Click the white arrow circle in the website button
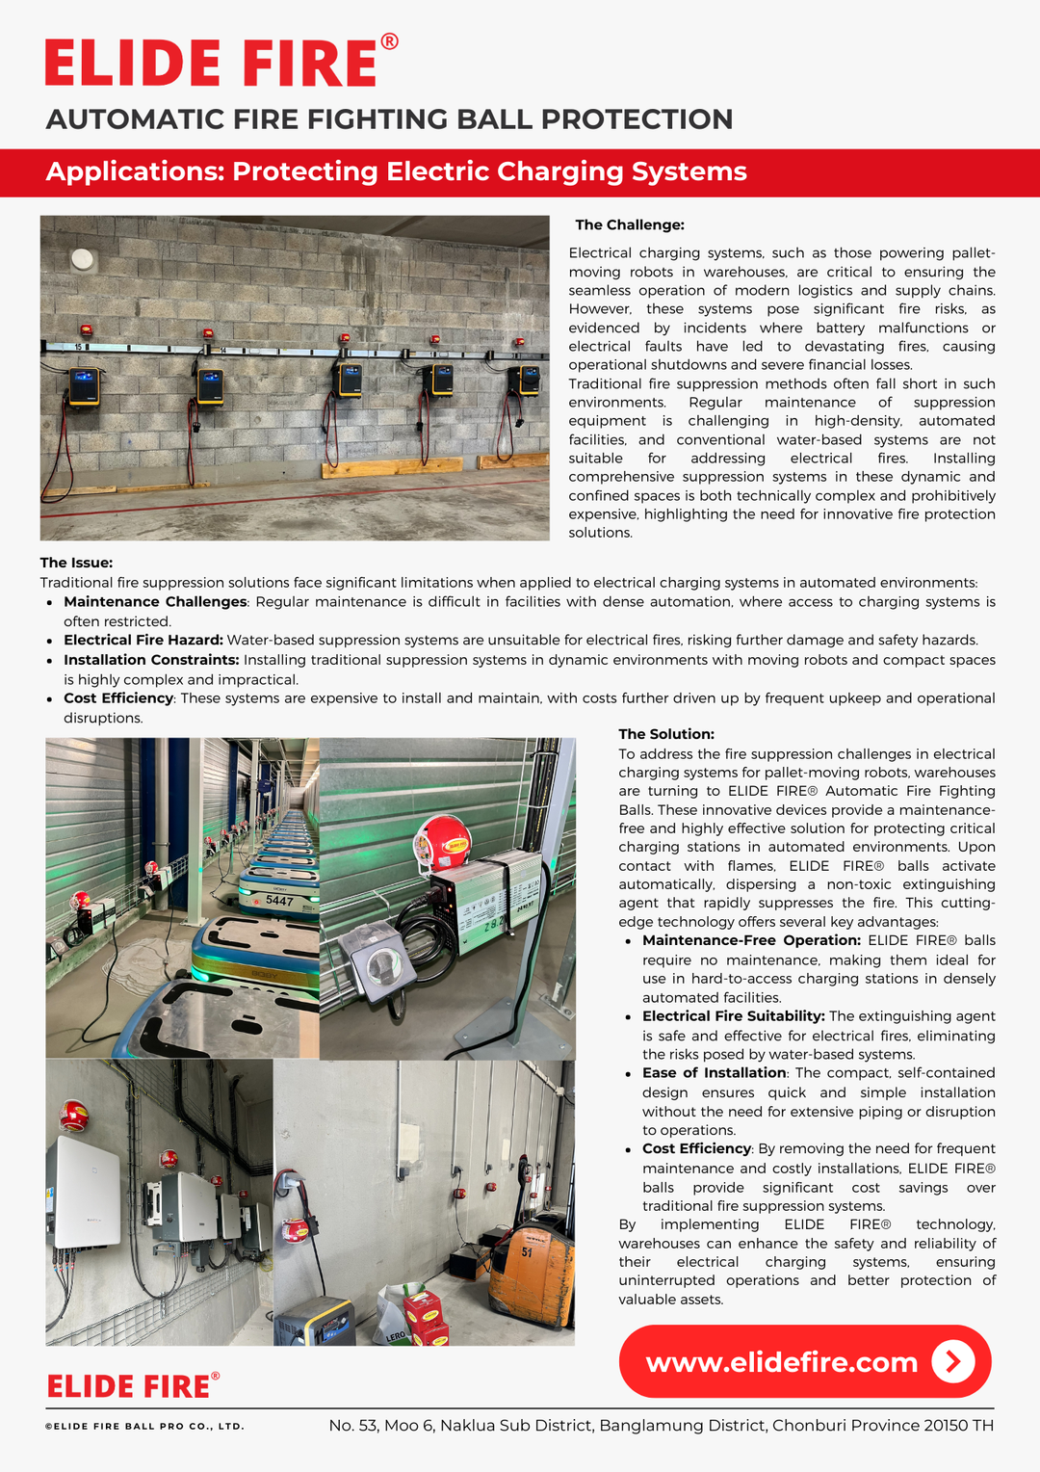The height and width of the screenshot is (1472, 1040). [953, 1361]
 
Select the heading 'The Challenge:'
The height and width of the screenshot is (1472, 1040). [630, 225]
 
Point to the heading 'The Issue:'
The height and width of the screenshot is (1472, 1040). [76, 563]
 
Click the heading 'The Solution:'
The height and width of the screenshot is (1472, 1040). [666, 734]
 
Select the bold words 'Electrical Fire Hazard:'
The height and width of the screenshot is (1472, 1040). [143, 641]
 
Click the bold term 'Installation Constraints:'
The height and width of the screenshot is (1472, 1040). [151, 660]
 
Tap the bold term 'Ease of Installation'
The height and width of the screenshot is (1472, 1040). [715, 1073]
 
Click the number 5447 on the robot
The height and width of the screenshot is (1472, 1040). [279, 901]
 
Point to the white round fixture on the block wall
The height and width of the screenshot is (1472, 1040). [84, 259]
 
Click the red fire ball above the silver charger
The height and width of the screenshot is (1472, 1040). [442, 840]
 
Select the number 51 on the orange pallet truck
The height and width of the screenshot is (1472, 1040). [527, 1252]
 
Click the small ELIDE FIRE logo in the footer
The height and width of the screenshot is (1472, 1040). [133, 1386]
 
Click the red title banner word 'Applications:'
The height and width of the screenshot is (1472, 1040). [135, 171]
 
